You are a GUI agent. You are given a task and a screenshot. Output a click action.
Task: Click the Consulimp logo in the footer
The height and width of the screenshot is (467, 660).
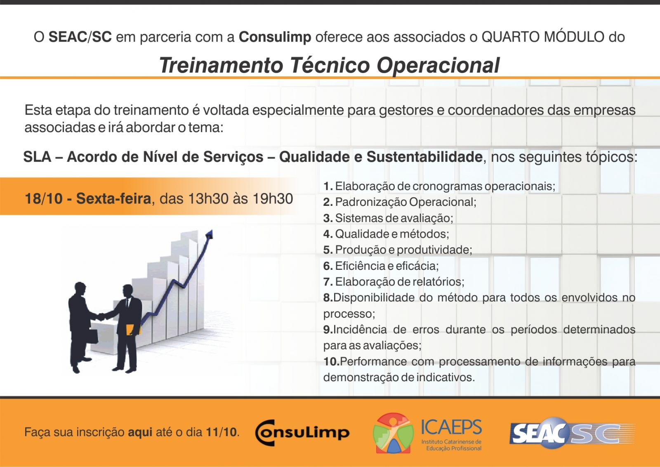click(302, 432)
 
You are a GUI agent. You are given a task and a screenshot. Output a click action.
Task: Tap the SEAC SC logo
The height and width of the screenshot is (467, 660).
click(572, 432)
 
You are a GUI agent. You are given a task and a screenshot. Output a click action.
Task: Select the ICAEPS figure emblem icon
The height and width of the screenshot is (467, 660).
click(394, 432)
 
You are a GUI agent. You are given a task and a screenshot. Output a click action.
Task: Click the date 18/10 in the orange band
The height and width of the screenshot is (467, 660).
click(44, 198)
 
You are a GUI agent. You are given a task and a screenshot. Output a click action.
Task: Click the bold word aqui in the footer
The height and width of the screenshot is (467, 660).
click(140, 432)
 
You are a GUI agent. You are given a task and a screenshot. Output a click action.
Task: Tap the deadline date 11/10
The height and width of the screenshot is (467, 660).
click(221, 432)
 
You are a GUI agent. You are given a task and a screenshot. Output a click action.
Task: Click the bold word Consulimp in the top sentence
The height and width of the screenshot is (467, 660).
click(275, 37)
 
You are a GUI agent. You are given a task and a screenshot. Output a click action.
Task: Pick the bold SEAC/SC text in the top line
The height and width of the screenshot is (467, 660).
click(80, 37)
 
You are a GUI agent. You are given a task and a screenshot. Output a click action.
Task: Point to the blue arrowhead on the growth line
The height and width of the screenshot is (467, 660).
click(210, 234)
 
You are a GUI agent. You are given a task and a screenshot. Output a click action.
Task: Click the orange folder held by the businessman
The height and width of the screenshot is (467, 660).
click(132, 330)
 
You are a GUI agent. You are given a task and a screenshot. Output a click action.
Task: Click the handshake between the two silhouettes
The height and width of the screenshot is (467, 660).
click(101, 317)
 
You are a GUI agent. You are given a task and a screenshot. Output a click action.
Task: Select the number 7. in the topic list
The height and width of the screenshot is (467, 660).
click(328, 282)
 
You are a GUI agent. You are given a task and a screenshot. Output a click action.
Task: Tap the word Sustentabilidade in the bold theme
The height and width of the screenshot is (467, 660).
click(424, 157)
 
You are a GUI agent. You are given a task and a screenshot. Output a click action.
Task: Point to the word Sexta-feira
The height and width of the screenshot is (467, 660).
click(114, 198)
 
